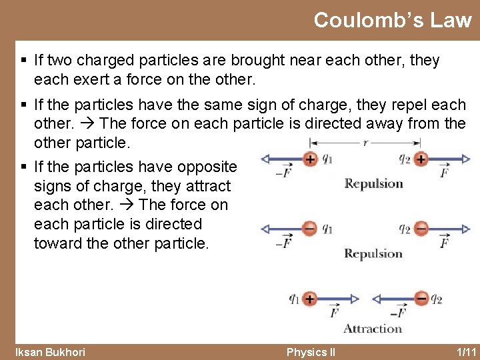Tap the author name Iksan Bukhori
coord(50,352)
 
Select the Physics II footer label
coord(310,352)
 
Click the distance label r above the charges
coord(365,142)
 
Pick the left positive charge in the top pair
coord(309,159)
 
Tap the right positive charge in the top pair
coord(421,159)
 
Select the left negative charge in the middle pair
coord(309,229)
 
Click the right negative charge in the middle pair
coord(421,229)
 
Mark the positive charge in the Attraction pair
coord(309,298)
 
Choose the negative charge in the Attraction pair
coord(421,298)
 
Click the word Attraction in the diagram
coord(373,328)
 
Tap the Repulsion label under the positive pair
coord(373,183)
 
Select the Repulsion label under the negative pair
coord(373,253)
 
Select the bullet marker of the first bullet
coord(24,61)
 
